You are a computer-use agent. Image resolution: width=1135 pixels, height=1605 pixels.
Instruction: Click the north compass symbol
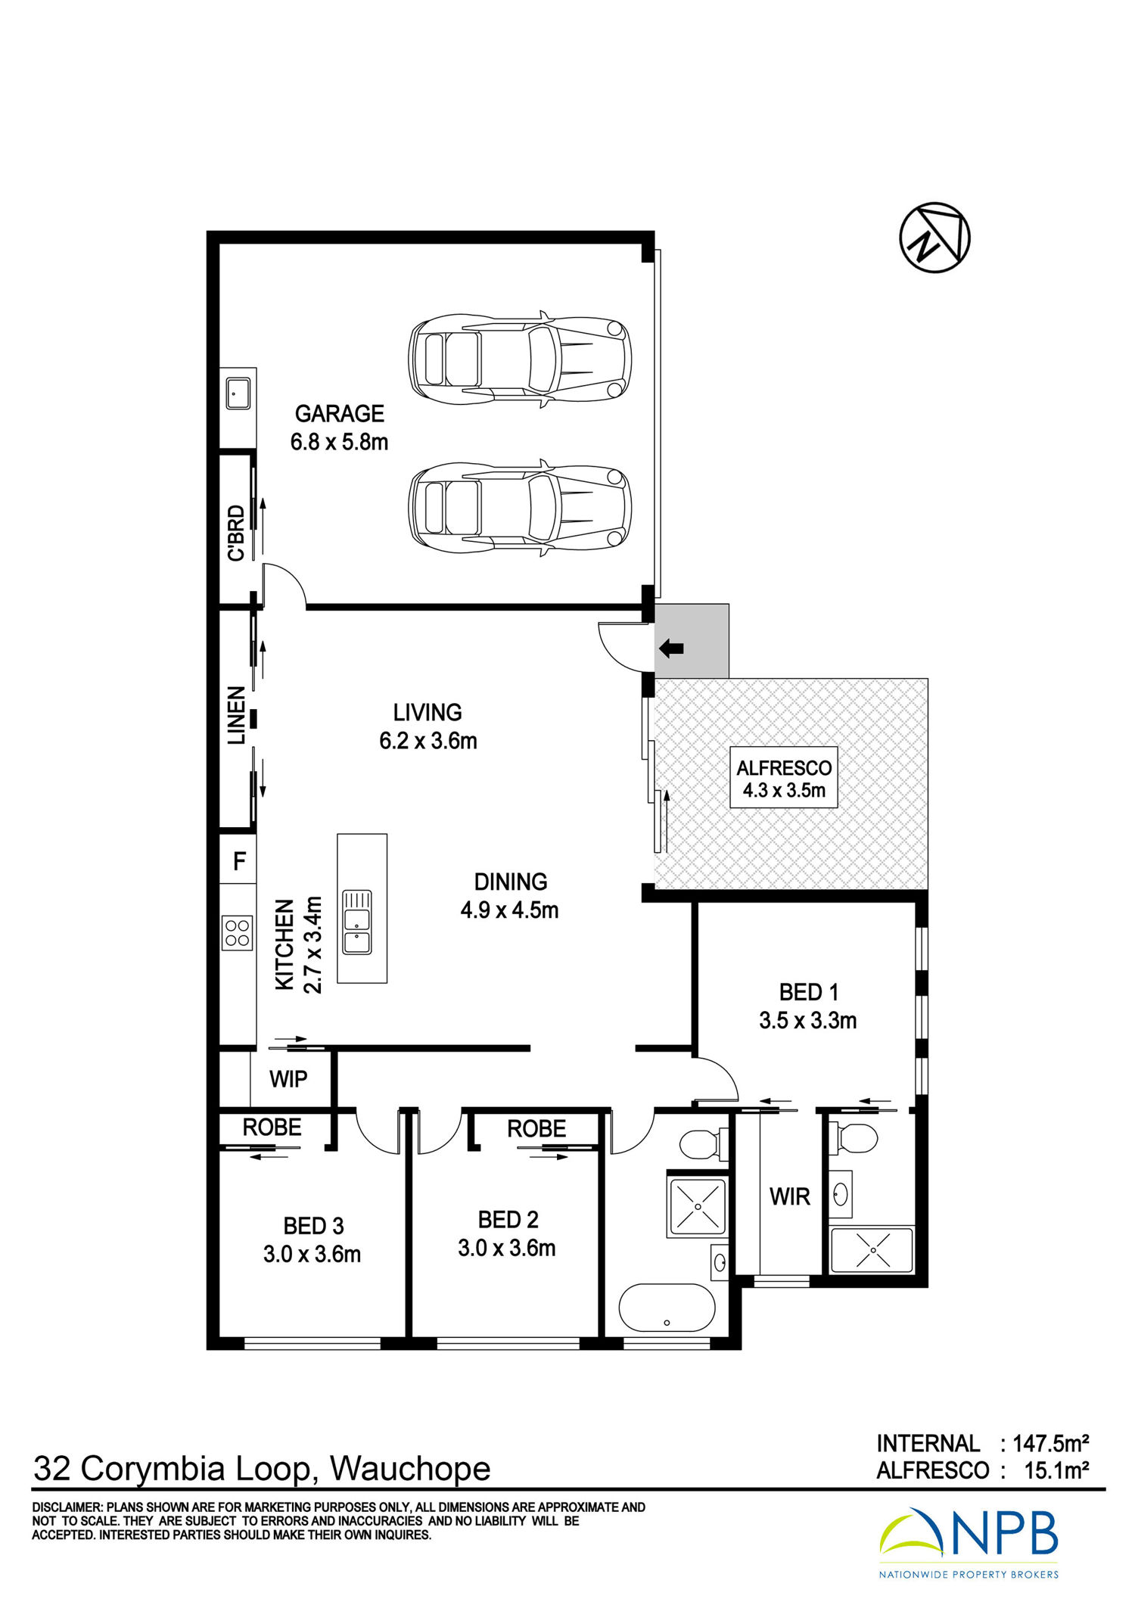[934, 238]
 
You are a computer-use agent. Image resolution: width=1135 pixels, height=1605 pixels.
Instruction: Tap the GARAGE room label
[340, 414]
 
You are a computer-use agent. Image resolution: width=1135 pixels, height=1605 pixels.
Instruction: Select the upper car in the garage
[520, 356]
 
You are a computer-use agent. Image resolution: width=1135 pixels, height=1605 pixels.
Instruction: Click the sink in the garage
[238, 393]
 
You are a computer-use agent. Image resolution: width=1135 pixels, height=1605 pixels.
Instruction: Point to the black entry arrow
[671, 649]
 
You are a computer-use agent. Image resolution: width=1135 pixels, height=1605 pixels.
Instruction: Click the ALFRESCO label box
[784, 778]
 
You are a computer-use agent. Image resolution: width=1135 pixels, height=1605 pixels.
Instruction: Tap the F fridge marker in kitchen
[240, 861]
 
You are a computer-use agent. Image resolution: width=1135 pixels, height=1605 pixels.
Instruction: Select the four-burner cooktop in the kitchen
[238, 932]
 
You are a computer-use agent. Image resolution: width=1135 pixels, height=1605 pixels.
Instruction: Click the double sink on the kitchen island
[357, 922]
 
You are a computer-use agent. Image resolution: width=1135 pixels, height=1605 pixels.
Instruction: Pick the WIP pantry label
[288, 1079]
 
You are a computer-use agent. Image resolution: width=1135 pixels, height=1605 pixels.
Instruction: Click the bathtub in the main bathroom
[667, 1307]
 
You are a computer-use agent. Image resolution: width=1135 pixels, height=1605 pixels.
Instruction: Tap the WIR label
[790, 1196]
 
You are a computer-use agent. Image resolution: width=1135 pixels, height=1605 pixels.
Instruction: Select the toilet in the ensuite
[854, 1137]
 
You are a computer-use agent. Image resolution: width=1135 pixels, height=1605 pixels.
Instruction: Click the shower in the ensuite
[872, 1250]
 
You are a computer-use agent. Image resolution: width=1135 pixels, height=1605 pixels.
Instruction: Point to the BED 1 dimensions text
[808, 1021]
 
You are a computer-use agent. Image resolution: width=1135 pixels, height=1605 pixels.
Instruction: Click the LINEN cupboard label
[237, 715]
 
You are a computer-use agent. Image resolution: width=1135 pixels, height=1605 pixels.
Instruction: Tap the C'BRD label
[237, 533]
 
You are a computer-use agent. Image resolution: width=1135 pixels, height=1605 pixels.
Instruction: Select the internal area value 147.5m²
[1051, 1443]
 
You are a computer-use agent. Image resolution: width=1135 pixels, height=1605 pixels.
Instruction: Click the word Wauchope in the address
[410, 1470]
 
